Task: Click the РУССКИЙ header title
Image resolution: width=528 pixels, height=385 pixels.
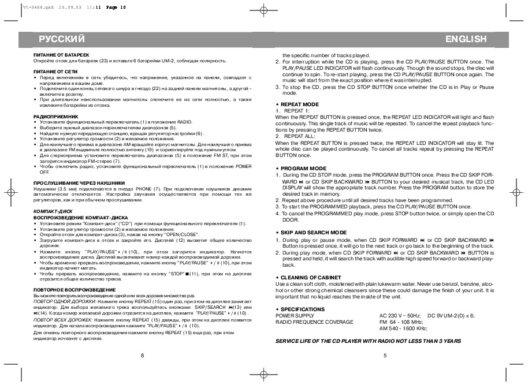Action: [62, 39]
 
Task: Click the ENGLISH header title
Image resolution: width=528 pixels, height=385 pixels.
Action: [466, 39]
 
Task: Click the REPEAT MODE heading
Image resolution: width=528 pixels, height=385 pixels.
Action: [299, 104]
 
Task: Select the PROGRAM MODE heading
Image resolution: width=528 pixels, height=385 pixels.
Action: [303, 169]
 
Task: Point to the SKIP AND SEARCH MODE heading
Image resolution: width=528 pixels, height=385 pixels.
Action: [313, 232]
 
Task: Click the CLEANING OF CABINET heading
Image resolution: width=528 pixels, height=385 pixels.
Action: [312, 278]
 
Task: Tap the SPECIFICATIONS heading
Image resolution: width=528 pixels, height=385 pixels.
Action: [303, 309]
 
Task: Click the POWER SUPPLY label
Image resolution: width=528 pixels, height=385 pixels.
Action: [295, 316]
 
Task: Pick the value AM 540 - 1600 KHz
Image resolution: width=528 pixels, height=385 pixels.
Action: [403, 328]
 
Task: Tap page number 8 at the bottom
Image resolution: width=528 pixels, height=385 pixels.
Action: [142, 356]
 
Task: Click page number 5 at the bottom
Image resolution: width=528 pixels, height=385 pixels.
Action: [385, 356]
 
